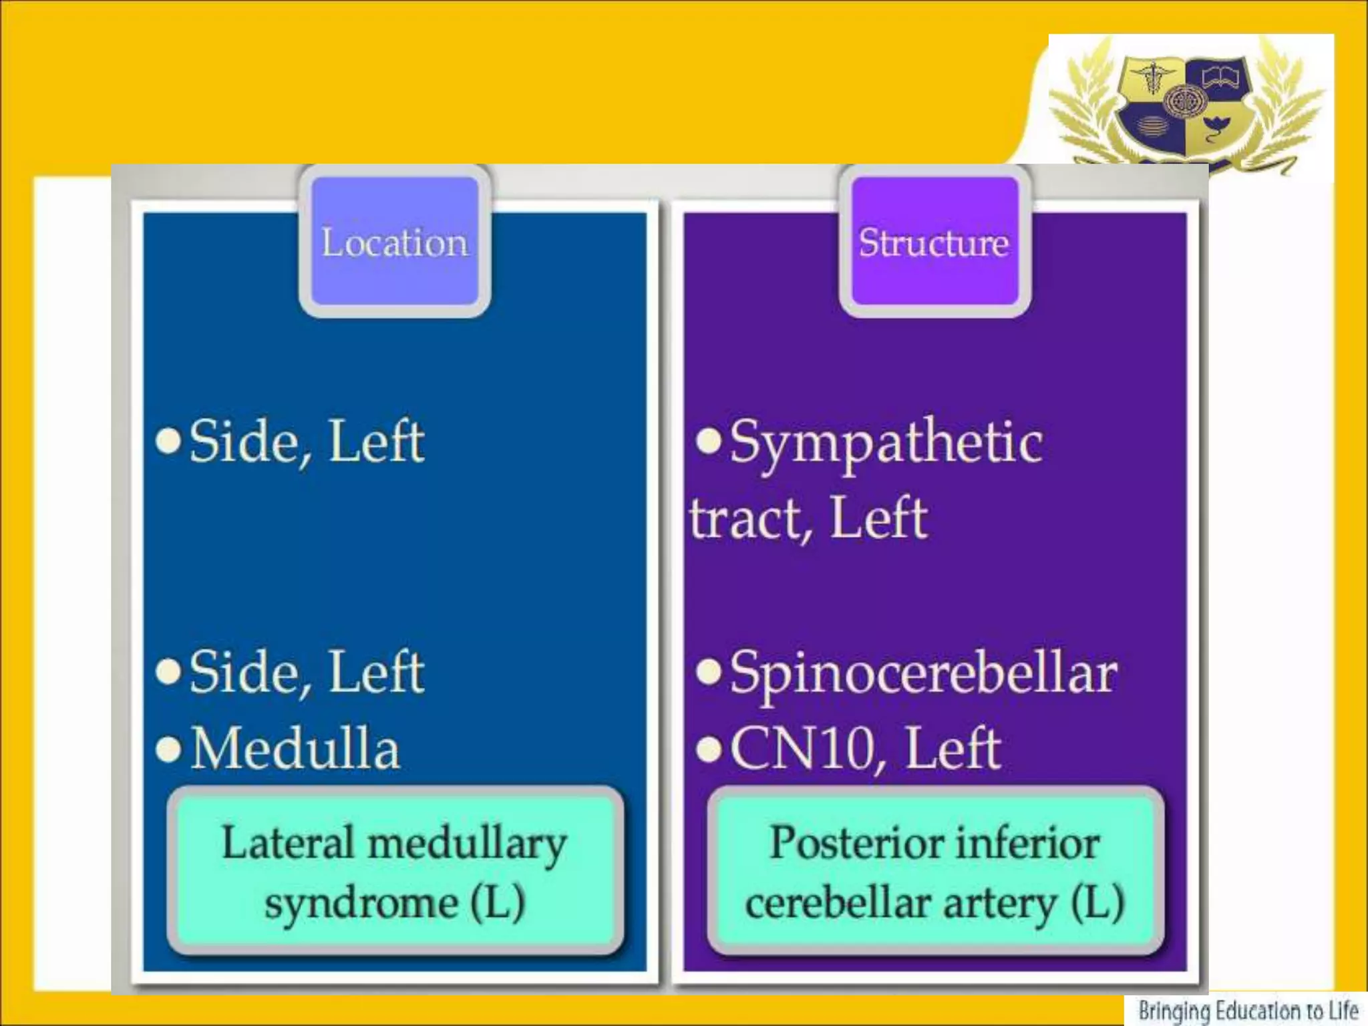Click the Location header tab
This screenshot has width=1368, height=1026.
(x=395, y=242)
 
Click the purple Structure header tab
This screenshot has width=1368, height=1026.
(x=934, y=242)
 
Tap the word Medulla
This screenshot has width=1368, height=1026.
(x=295, y=749)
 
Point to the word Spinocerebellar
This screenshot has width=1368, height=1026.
(x=923, y=673)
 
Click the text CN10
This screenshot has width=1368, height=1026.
(x=802, y=749)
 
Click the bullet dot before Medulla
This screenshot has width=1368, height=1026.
(x=168, y=749)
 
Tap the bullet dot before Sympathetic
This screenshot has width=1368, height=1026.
(x=709, y=440)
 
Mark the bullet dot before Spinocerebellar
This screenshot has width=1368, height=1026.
(x=709, y=673)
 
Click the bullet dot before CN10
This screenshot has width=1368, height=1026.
(x=709, y=749)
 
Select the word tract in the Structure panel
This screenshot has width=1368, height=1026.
(x=747, y=520)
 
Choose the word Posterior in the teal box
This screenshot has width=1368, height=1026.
(x=838, y=843)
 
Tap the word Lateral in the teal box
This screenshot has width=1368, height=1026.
(x=288, y=843)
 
